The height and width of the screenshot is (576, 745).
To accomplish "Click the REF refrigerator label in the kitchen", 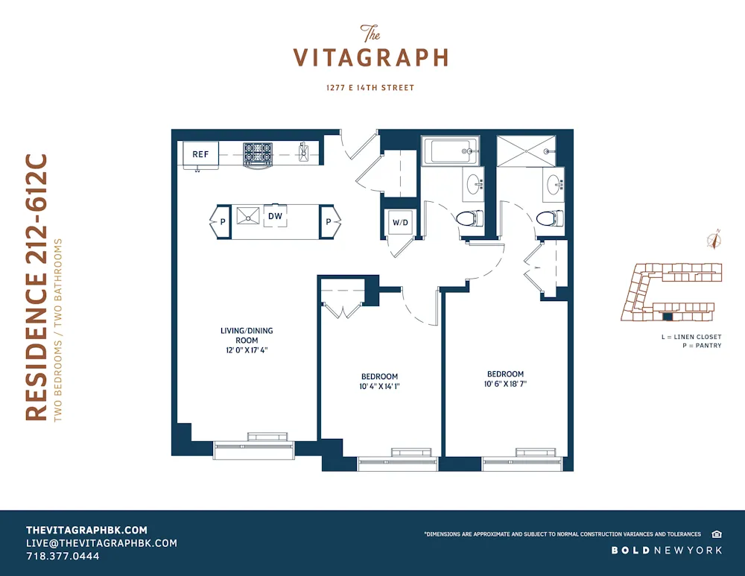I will [200, 154].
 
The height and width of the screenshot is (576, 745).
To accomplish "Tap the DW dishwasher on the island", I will [275, 216].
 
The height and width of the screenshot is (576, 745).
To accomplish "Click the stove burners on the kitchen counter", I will [259, 153].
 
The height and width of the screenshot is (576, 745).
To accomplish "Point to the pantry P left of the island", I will [221, 221].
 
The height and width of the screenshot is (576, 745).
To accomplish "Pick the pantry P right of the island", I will [329, 221].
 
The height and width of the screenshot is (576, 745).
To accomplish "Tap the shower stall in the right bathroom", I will [527, 151].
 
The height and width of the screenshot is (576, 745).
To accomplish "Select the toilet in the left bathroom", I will [468, 218].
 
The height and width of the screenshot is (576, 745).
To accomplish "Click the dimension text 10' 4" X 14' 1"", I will [379, 386].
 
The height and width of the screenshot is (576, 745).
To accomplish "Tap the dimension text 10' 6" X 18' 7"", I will [505, 384].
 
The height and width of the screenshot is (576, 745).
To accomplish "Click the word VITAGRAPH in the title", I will [370, 58].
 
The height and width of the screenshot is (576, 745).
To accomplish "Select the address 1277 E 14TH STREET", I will [370, 88].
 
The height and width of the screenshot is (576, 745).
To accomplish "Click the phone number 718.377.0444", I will [63, 556].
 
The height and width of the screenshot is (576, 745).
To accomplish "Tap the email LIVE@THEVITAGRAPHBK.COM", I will [101, 543].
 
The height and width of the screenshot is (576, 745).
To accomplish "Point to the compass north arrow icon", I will [714, 240].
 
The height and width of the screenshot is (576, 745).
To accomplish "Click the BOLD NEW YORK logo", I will [667, 550].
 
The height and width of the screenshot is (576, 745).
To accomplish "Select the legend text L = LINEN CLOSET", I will [691, 337].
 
